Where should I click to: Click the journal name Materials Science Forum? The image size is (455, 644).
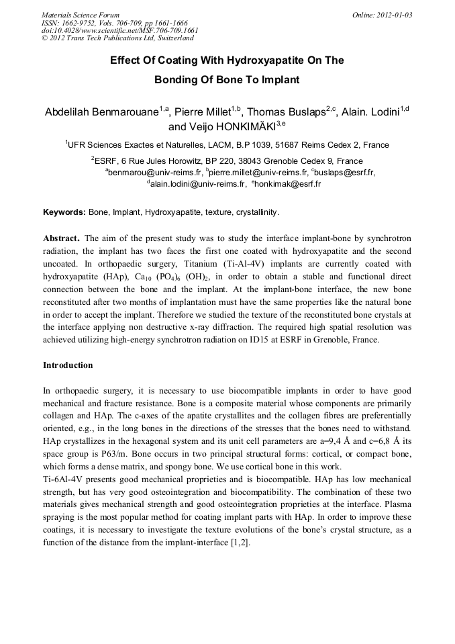[x=81, y=15]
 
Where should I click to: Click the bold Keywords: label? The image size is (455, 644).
[x=64, y=212]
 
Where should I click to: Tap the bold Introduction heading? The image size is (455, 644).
[x=68, y=365]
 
